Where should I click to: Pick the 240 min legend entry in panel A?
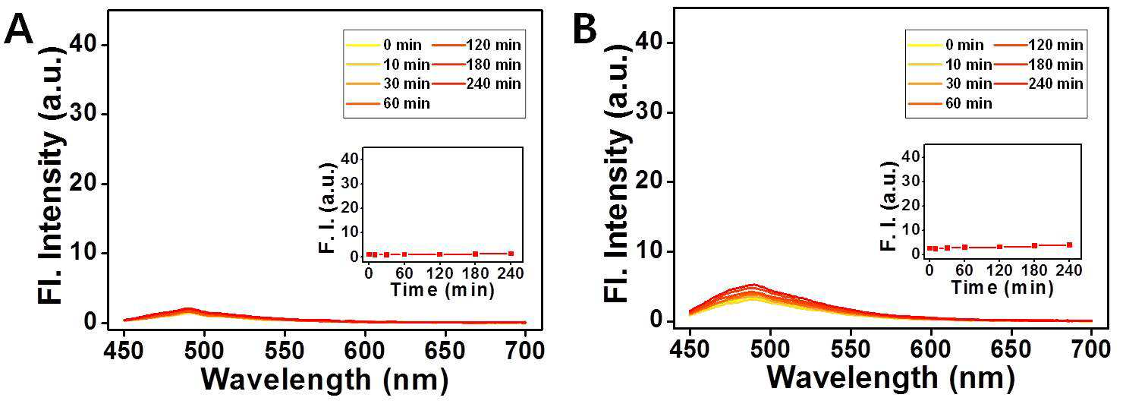[x=477, y=84]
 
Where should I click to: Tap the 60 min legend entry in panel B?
[x=950, y=103]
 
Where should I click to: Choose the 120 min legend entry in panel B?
[x=1039, y=45]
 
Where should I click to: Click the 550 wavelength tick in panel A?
[x=285, y=351]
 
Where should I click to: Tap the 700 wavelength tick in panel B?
[x=1091, y=349]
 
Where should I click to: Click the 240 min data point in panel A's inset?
[x=511, y=254]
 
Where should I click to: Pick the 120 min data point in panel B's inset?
[x=1000, y=247]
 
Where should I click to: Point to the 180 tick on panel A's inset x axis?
[x=476, y=273]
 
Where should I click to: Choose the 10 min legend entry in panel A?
[x=386, y=65]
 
